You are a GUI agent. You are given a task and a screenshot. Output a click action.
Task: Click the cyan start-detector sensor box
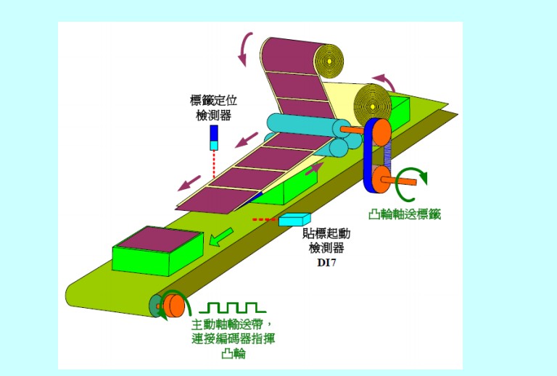(x=294, y=219)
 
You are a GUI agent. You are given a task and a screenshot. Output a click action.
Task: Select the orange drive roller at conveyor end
(x=173, y=305)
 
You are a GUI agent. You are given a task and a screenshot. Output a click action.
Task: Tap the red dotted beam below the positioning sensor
(x=214, y=164)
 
